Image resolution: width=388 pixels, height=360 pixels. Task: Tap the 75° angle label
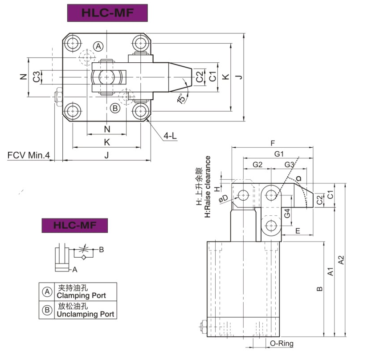pos(181,98)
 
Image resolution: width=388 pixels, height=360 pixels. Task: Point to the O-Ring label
pos(282,344)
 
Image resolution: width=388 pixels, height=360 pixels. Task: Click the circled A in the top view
pos(98,46)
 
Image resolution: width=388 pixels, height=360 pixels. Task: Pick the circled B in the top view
pos(115,108)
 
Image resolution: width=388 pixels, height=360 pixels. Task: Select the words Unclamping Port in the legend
pos(85,314)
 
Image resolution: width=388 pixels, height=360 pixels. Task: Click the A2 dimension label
pos(342,260)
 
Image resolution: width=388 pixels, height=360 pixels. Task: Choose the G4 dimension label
pos(288,213)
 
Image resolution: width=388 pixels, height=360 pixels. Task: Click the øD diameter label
pos(223,198)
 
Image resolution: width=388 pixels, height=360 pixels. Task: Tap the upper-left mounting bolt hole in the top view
pos(73,44)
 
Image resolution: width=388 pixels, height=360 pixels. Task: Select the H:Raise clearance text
pos(207,187)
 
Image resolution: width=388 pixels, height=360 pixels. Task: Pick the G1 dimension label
pos(279,154)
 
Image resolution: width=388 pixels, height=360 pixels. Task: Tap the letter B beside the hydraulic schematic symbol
pos(101,250)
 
